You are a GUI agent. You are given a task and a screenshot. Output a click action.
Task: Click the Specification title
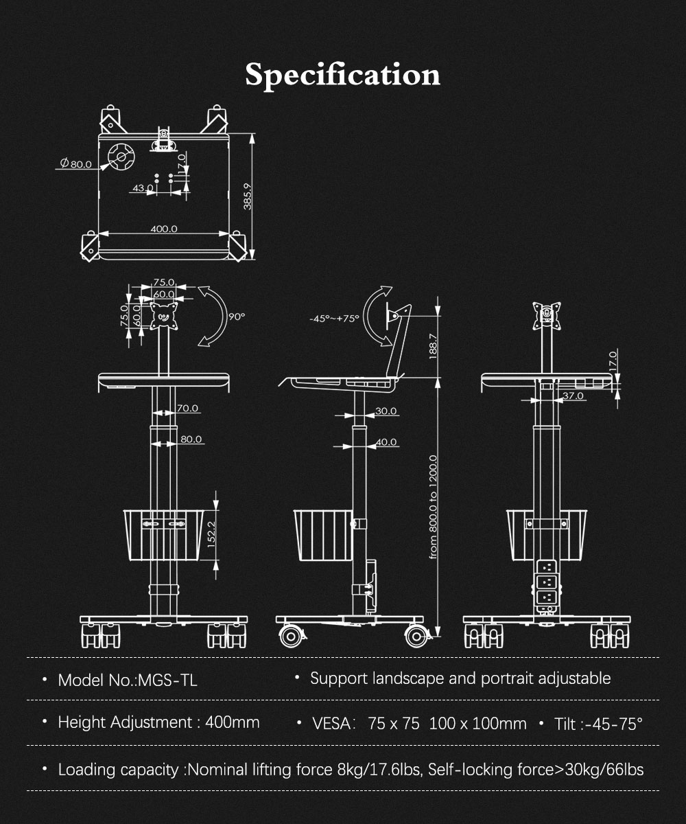(342, 75)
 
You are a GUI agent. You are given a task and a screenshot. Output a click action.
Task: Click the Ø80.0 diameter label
(75, 163)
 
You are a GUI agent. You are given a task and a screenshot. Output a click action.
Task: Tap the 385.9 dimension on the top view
(247, 196)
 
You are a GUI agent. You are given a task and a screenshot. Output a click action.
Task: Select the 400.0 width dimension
(164, 229)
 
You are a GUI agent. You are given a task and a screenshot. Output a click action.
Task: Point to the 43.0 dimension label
(143, 188)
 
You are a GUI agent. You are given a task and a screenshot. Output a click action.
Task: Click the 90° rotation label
(237, 317)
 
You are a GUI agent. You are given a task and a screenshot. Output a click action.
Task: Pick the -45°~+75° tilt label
(334, 319)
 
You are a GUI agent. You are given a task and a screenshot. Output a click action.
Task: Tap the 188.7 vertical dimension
(433, 347)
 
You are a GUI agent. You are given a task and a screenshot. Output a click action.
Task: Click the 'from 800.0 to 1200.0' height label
(433, 507)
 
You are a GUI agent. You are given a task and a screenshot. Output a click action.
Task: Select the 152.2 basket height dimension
(211, 534)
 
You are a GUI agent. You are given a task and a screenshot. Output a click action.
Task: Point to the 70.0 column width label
(187, 408)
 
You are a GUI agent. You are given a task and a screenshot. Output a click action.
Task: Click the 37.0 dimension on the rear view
(573, 396)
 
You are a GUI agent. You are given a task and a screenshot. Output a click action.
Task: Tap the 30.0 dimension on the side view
(386, 411)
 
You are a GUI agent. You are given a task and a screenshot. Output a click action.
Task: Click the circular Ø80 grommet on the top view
(121, 157)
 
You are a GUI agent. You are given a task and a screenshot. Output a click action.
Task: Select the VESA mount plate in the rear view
(547, 316)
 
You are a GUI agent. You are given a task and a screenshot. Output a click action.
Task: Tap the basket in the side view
(323, 536)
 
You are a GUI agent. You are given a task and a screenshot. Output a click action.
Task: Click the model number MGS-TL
(167, 680)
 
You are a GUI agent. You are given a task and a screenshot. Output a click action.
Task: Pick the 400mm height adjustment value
(233, 722)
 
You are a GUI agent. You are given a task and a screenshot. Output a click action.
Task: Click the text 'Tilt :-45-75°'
(598, 724)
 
